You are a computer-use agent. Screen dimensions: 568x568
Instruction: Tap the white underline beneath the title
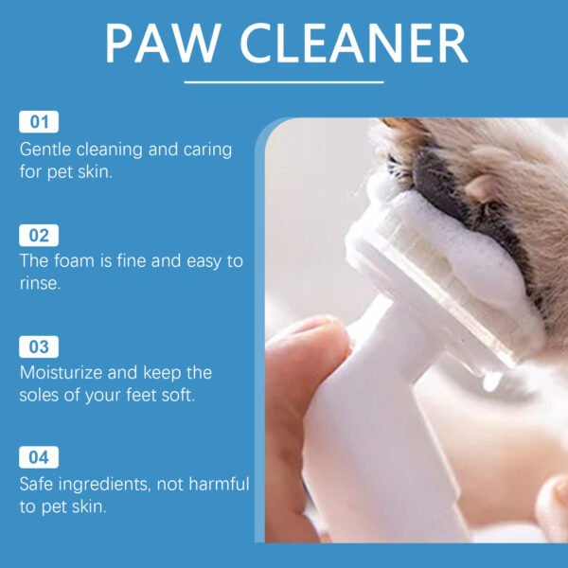(x=284, y=82)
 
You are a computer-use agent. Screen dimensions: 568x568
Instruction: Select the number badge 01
(x=39, y=121)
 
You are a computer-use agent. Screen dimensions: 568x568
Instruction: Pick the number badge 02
(x=39, y=235)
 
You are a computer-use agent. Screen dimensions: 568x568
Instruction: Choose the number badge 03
(x=39, y=346)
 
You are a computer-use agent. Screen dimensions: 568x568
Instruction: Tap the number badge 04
(x=39, y=458)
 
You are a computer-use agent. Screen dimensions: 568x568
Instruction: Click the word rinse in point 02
(x=40, y=284)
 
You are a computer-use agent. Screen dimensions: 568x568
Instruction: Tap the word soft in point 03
(x=177, y=395)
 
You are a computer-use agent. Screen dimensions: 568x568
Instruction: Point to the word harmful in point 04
(x=218, y=485)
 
